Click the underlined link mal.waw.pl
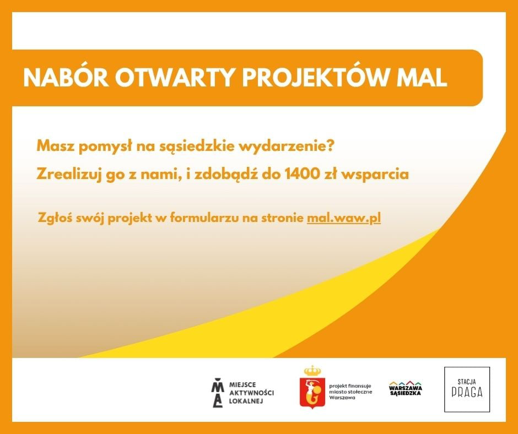point(344,218)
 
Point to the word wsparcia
point(375,175)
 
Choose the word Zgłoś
point(55,218)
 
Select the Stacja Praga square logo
point(467,389)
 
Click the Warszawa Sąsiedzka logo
point(406,388)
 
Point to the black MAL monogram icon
point(217,393)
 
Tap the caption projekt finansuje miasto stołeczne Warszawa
point(350,392)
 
